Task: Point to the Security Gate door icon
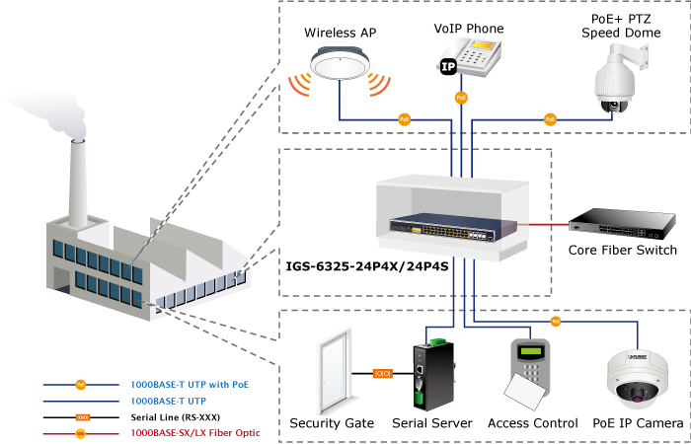333,372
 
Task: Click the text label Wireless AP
340,33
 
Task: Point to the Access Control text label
533,423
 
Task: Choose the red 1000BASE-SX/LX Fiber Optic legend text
195,433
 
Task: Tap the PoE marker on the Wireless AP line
404,119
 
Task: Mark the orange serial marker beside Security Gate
383,373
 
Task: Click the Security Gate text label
332,423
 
